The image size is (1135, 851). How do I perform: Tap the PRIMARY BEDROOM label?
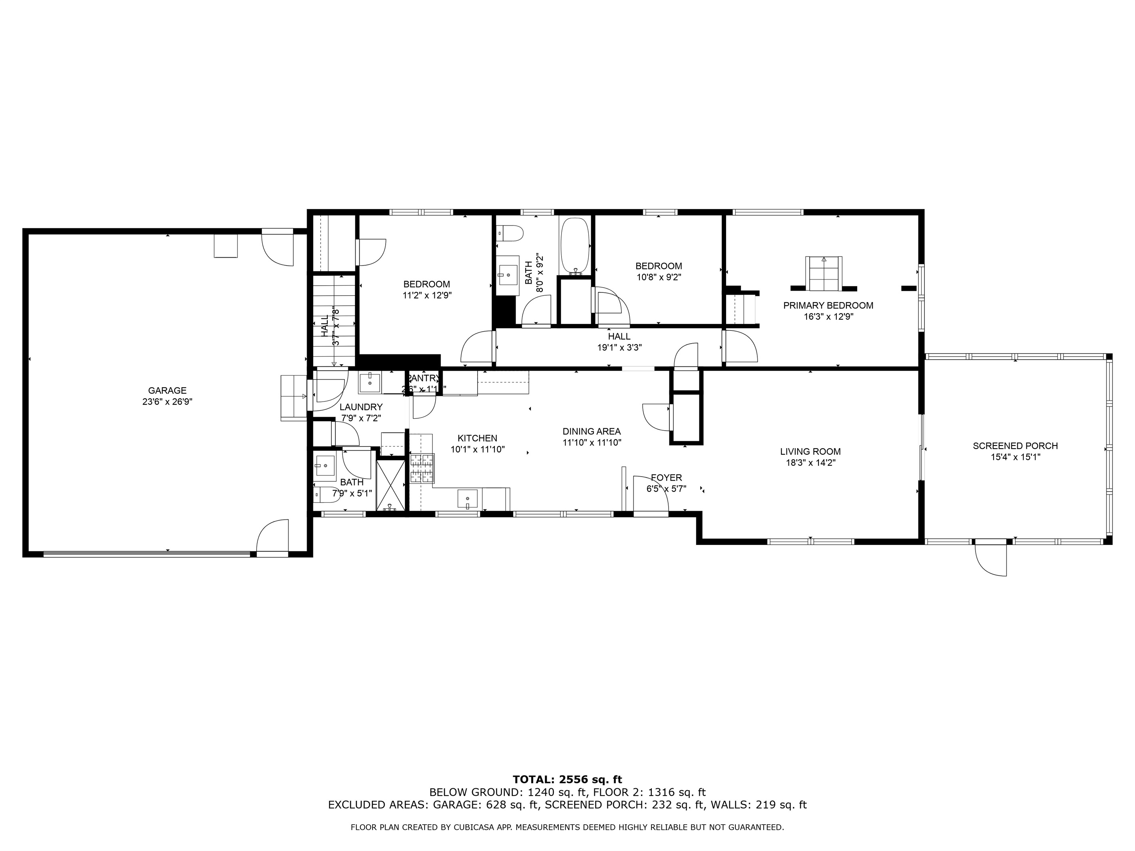click(x=828, y=306)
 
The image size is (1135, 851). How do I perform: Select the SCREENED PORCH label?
click(x=1015, y=446)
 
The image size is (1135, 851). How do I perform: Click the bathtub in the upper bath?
click(x=576, y=245)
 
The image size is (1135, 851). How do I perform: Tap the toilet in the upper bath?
click(x=511, y=234)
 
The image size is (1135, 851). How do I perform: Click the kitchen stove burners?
click(x=422, y=469)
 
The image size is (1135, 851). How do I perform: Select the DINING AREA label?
click(x=591, y=432)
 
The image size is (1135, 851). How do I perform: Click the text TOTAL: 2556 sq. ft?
click(x=567, y=780)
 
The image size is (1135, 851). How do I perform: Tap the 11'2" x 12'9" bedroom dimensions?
click(x=427, y=296)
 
